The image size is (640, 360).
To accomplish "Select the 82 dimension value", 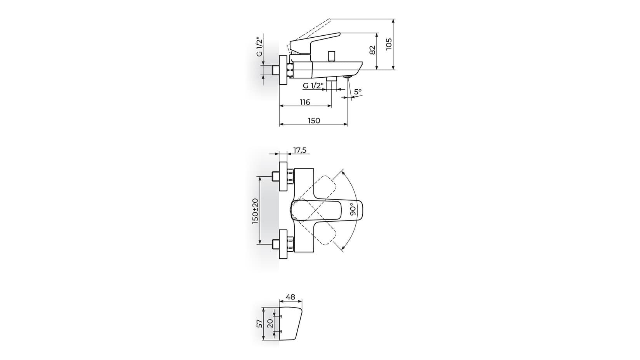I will (372, 50).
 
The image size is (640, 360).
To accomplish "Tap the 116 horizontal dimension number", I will (305, 102).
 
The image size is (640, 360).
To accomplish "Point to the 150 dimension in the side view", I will (314, 121).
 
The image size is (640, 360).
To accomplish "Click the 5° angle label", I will (357, 92).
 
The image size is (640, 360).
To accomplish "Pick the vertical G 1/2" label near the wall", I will (260, 45).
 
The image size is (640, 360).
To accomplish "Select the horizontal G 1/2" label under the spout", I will (313, 86).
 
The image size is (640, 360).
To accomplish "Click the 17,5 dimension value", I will (299, 150).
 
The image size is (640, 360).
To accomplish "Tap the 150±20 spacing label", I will (255, 211).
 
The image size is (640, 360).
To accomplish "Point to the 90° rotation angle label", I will (352, 209).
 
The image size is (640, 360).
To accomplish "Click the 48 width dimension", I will (290, 297).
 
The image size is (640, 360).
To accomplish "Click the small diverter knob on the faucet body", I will (332, 56).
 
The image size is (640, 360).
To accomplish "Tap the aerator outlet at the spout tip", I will (348, 77).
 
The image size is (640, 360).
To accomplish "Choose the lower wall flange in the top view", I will (283, 244).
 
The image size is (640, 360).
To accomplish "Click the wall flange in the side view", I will (283, 70).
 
